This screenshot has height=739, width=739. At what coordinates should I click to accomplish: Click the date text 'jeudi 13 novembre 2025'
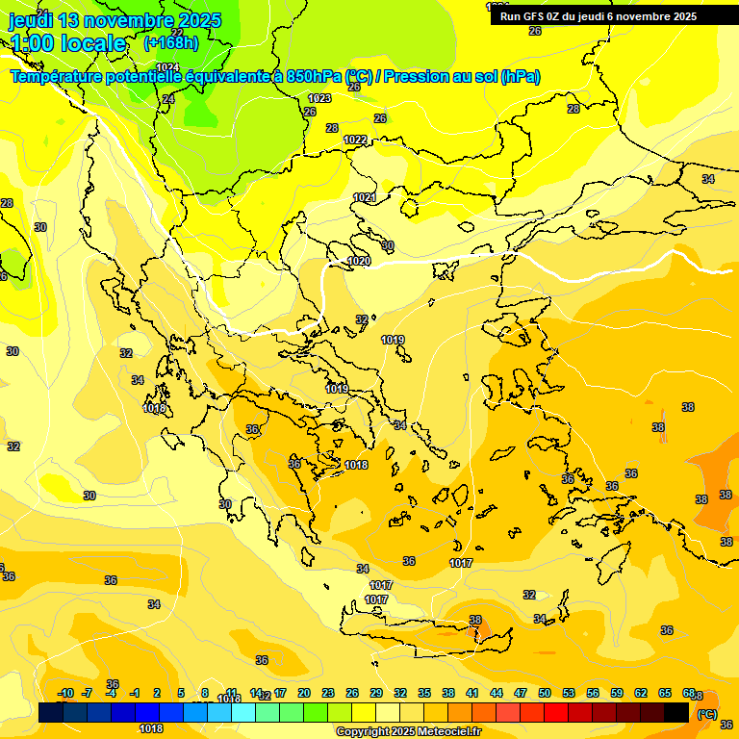click(115, 20)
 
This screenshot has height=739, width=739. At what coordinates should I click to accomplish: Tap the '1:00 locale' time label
click(68, 43)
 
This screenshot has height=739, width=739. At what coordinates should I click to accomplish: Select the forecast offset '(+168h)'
click(171, 43)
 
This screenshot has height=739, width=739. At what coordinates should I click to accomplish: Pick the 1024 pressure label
click(167, 67)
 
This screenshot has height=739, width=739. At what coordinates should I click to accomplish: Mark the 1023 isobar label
click(319, 98)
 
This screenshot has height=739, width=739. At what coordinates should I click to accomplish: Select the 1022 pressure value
click(355, 140)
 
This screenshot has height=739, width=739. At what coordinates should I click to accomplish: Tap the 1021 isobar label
click(365, 197)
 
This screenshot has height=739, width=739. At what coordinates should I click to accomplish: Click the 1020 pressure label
click(359, 261)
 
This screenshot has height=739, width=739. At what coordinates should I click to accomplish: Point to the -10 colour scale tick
click(65, 693)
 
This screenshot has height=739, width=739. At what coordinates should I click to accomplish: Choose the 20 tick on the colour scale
click(303, 693)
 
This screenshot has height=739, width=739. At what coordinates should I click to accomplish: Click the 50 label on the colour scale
click(545, 693)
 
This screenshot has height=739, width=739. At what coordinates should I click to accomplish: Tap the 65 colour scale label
click(665, 693)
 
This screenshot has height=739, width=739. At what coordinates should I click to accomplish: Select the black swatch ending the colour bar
click(676, 712)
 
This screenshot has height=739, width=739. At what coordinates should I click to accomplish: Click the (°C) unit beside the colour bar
click(707, 714)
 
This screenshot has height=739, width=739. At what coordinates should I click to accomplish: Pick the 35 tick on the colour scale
click(424, 693)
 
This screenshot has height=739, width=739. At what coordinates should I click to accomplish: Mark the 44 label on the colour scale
click(497, 693)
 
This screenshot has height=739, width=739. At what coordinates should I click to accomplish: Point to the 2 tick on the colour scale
click(157, 693)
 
